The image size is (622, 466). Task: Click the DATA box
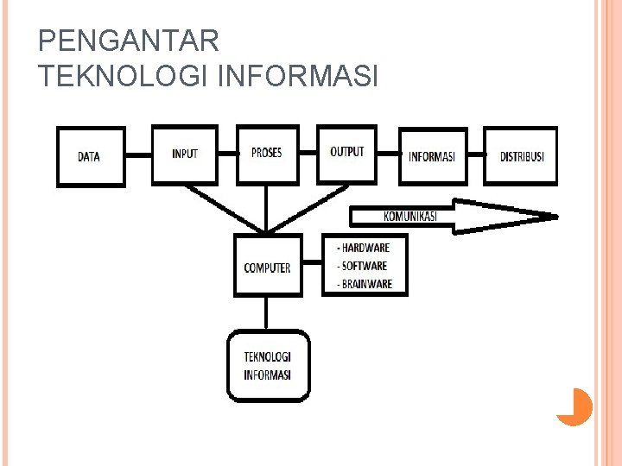coord(90,156)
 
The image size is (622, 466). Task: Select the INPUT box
coord(185,154)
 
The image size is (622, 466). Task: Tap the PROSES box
coord(267,153)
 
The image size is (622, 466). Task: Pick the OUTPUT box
coord(347,152)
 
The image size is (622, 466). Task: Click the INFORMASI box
coord(432,156)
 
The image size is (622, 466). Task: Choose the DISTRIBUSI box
coord(521,156)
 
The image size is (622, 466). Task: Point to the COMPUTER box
coord(268,267)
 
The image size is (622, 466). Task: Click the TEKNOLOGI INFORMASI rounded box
coord(268,366)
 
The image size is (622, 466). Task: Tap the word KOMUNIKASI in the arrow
coord(410,216)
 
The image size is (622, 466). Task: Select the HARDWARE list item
coord(364,249)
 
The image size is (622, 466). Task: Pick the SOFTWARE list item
coord(363,266)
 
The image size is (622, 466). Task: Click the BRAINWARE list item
coord(365,284)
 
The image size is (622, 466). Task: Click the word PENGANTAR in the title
coord(130,41)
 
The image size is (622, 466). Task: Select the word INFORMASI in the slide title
coord(300,77)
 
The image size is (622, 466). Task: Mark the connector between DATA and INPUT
coord(138,155)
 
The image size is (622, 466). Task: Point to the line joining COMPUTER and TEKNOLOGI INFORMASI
coord(268,313)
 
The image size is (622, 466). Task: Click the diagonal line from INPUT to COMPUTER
coord(225,207)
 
